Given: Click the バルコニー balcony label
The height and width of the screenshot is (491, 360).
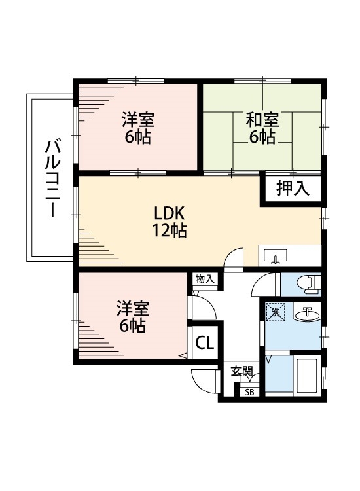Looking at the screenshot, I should pyautogui.click(x=50, y=178).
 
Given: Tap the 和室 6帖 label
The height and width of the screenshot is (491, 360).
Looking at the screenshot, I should pyautogui.click(x=262, y=128).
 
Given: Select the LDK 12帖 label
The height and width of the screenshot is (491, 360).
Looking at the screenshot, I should pyautogui.click(x=171, y=222).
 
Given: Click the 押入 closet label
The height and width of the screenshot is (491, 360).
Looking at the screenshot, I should pyautogui.click(x=292, y=189).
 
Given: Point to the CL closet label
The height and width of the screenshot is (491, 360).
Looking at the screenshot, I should pyautogui.click(x=204, y=342).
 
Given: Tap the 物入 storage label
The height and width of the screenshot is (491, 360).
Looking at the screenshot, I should pyautogui.click(x=204, y=279).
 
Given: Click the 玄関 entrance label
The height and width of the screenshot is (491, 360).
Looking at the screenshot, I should pyautogui.click(x=242, y=371).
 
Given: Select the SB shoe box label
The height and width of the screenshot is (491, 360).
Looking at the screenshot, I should pyautogui.click(x=249, y=392).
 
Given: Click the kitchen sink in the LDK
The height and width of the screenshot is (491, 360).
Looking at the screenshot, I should pyautogui.click(x=275, y=256).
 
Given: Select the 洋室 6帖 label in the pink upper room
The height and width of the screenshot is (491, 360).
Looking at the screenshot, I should pyautogui.click(x=137, y=128).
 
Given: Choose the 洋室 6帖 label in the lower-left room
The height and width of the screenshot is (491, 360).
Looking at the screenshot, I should pyautogui.click(x=132, y=316).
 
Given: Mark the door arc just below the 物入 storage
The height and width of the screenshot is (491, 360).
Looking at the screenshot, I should pyautogui.click(x=201, y=306).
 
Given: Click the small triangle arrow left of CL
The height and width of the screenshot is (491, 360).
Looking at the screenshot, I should pyautogui.click(x=183, y=355).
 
